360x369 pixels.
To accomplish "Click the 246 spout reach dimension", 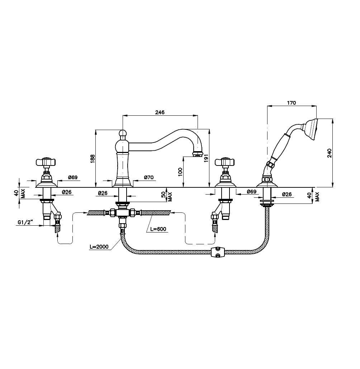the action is pyautogui.click(x=160, y=112).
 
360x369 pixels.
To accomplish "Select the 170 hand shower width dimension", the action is pyautogui.click(x=292, y=102).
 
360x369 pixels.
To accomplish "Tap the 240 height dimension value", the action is pyautogui.click(x=330, y=153).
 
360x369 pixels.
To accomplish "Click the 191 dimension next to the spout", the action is pyautogui.click(x=206, y=158).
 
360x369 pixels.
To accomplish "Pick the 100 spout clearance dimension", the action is pyautogui.click(x=180, y=172).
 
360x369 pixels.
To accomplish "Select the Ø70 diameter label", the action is pyautogui.click(x=149, y=177).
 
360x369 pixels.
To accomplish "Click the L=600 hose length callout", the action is pyautogui.click(x=158, y=229).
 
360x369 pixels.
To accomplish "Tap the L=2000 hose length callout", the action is pyautogui.click(x=99, y=246).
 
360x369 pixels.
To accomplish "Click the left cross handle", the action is pyautogui.click(x=46, y=162).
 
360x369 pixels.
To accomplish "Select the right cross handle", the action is pyautogui.click(x=225, y=162).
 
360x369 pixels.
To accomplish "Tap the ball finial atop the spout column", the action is pyautogui.click(x=122, y=134).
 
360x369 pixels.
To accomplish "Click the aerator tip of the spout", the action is pyautogui.click(x=198, y=154).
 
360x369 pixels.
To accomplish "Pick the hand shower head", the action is pyautogui.click(x=312, y=130).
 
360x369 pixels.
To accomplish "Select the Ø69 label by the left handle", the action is pyautogui.click(x=73, y=177).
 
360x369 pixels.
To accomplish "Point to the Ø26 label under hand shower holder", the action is pyautogui.click(x=287, y=194).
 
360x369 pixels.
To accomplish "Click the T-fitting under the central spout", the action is pyautogui.click(x=123, y=213).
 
